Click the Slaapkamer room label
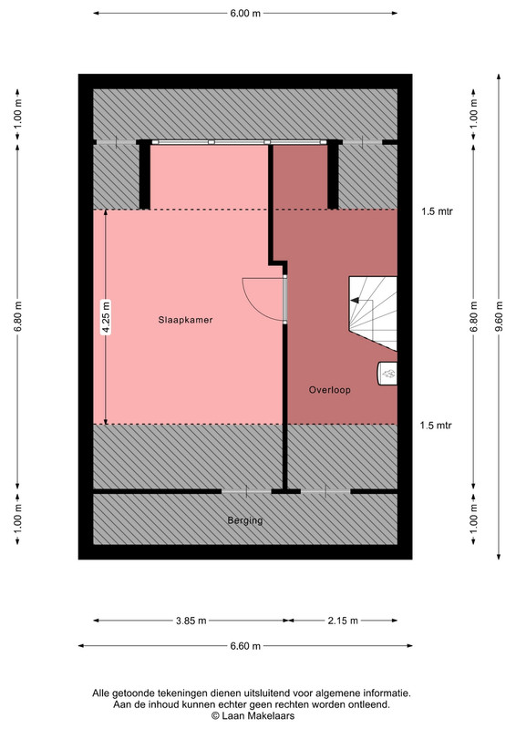[x=185, y=320]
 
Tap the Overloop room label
[x=329, y=390]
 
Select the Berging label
[x=245, y=520]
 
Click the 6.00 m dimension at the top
[x=245, y=13]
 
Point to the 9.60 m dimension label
[x=500, y=317]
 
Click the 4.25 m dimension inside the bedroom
[x=106, y=317]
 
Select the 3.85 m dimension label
[x=191, y=621]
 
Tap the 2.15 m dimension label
[x=343, y=621]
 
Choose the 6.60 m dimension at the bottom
[x=245, y=646]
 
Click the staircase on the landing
[x=373, y=313]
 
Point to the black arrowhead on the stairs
[x=355, y=301]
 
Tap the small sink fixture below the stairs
[x=387, y=374]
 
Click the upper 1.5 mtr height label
[x=437, y=211]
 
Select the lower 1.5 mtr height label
[x=436, y=426]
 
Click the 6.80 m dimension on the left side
[x=17, y=317]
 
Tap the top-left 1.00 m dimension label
[x=17, y=115]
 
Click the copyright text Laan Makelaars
[x=253, y=716]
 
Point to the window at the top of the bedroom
[x=239, y=142]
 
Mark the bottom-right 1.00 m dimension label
[x=474, y=519]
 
